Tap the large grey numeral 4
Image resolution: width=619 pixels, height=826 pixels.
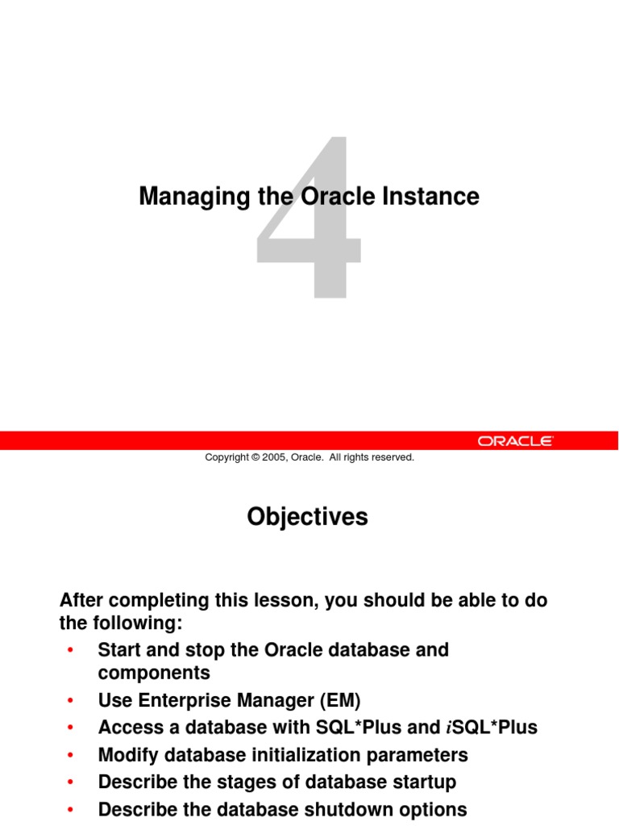click(x=309, y=218)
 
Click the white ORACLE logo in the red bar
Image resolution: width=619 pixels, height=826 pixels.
click(x=515, y=440)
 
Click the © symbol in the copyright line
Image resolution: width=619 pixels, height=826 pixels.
click(x=255, y=457)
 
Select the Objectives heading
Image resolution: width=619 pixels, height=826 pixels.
click(x=307, y=517)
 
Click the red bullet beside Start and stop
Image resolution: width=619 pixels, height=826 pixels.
click(x=72, y=650)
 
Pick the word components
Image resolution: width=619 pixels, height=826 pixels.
click(x=154, y=673)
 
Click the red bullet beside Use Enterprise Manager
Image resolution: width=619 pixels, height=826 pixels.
click(x=72, y=700)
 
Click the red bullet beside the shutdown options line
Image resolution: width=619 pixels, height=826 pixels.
click(x=72, y=809)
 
